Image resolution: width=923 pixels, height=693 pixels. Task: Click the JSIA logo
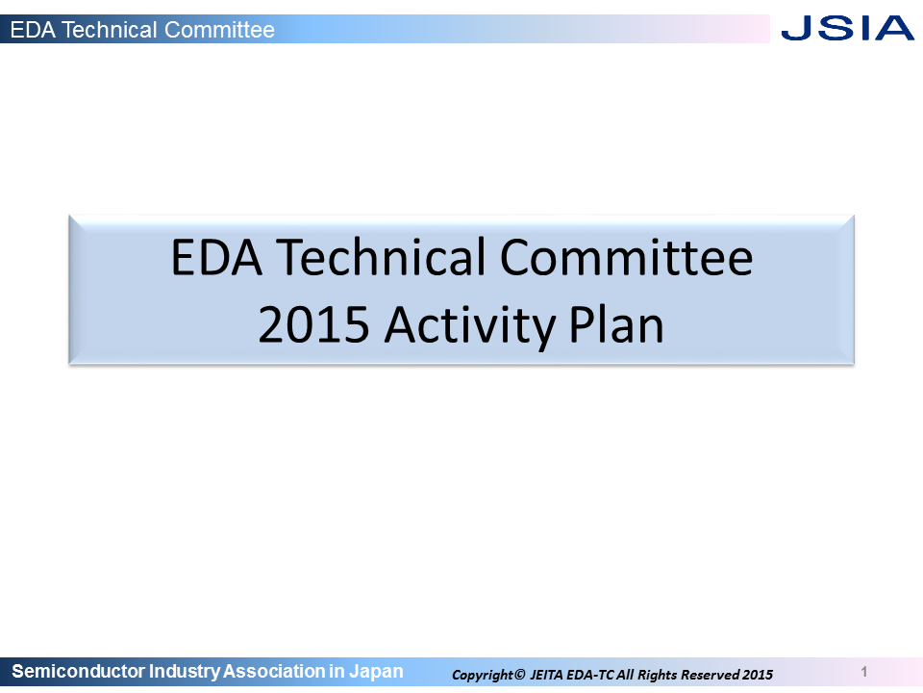point(847,28)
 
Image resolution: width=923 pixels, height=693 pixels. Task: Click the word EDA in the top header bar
point(33,30)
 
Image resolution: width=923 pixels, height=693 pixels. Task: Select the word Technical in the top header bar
point(110,30)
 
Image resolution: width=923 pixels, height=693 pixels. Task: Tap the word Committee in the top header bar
point(219,30)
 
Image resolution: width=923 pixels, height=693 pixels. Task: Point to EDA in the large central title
point(216,258)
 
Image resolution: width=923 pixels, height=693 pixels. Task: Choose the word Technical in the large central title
point(382,257)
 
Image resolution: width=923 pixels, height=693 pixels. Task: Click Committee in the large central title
point(626,258)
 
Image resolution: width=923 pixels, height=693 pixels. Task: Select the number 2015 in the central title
point(313,324)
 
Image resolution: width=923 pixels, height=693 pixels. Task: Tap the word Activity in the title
point(470,327)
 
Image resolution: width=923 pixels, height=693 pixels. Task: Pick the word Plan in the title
point(616,324)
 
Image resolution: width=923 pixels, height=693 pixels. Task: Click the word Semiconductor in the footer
point(78,671)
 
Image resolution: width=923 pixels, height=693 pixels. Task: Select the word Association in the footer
point(274,671)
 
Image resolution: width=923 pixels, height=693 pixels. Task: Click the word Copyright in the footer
point(482,676)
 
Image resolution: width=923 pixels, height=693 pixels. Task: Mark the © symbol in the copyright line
point(519,674)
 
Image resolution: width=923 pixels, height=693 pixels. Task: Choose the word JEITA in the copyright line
point(547,675)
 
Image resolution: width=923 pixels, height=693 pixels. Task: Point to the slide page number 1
point(864,672)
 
